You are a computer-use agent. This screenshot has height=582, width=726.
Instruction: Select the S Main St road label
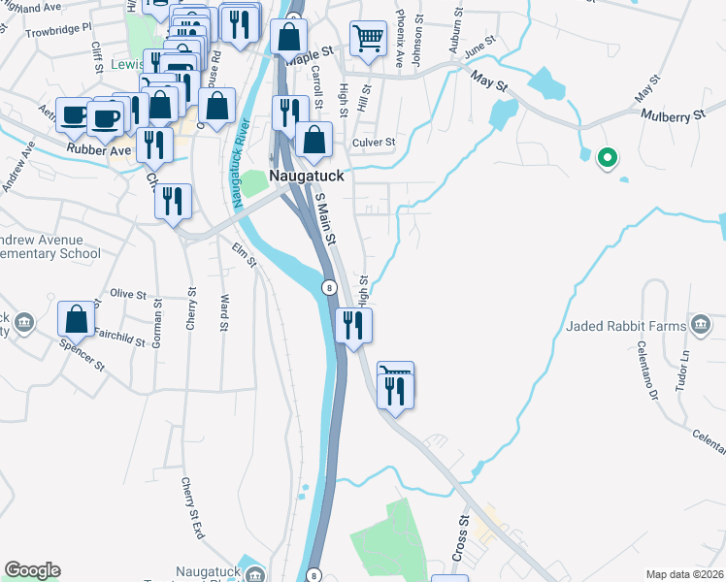click(x=325, y=220)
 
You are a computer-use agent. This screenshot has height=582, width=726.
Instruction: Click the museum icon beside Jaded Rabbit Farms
click(x=701, y=324)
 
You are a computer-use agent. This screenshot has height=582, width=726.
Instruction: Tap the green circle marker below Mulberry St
click(x=608, y=156)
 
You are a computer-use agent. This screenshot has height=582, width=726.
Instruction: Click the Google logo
click(x=32, y=570)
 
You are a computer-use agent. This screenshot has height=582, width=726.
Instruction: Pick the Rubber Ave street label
click(x=98, y=149)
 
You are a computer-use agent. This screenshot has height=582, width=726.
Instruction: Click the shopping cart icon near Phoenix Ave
click(x=368, y=40)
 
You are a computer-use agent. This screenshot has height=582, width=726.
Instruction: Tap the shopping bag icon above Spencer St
click(x=76, y=318)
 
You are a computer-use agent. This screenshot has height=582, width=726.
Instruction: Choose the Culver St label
click(x=377, y=143)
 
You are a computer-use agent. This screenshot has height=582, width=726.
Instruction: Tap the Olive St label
click(x=127, y=293)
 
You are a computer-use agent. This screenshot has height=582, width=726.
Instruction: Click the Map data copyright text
click(x=685, y=573)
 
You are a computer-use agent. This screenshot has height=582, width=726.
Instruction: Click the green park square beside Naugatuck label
click(x=253, y=181)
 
